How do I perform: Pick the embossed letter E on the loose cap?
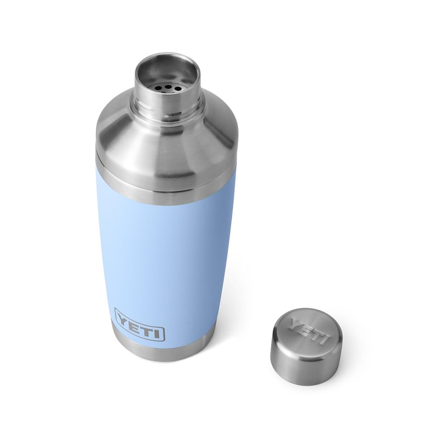[x=306, y=328]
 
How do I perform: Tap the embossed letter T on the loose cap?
[x=314, y=333]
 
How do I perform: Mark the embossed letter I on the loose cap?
[x=323, y=339]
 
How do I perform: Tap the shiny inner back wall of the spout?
[x=167, y=68]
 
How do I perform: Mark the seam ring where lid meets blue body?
[x=159, y=189]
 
